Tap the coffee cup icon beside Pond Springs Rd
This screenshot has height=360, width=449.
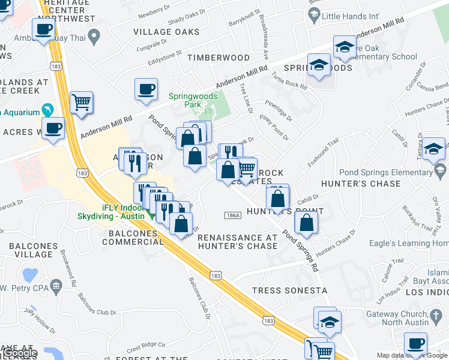(x=146, y=90)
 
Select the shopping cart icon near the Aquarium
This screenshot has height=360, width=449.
(x=81, y=103)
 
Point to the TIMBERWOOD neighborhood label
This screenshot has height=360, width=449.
(x=218, y=58)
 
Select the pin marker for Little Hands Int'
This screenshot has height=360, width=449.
(x=313, y=17)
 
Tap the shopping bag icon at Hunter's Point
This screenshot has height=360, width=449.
(x=306, y=223)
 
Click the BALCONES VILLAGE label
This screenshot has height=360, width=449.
(x=29, y=250)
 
